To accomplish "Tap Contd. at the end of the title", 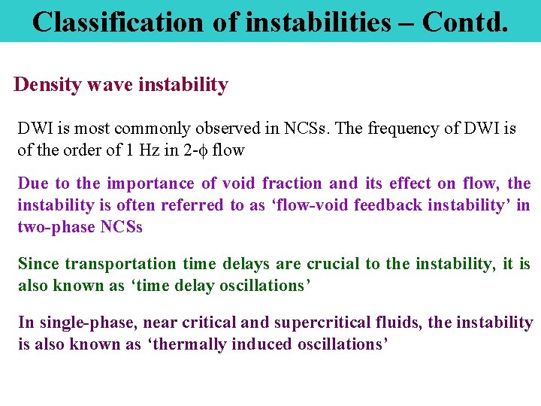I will (465, 22).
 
